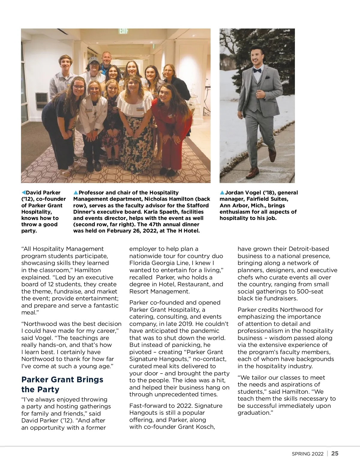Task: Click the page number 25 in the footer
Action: tap(335, 453)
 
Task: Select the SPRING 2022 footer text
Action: tap(307, 454)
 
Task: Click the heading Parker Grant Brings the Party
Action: tap(62, 384)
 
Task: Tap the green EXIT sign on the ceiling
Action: tap(123, 31)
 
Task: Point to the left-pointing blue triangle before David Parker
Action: tap(24, 193)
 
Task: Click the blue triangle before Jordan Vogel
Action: tap(222, 193)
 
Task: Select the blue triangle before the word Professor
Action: tap(76, 193)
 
